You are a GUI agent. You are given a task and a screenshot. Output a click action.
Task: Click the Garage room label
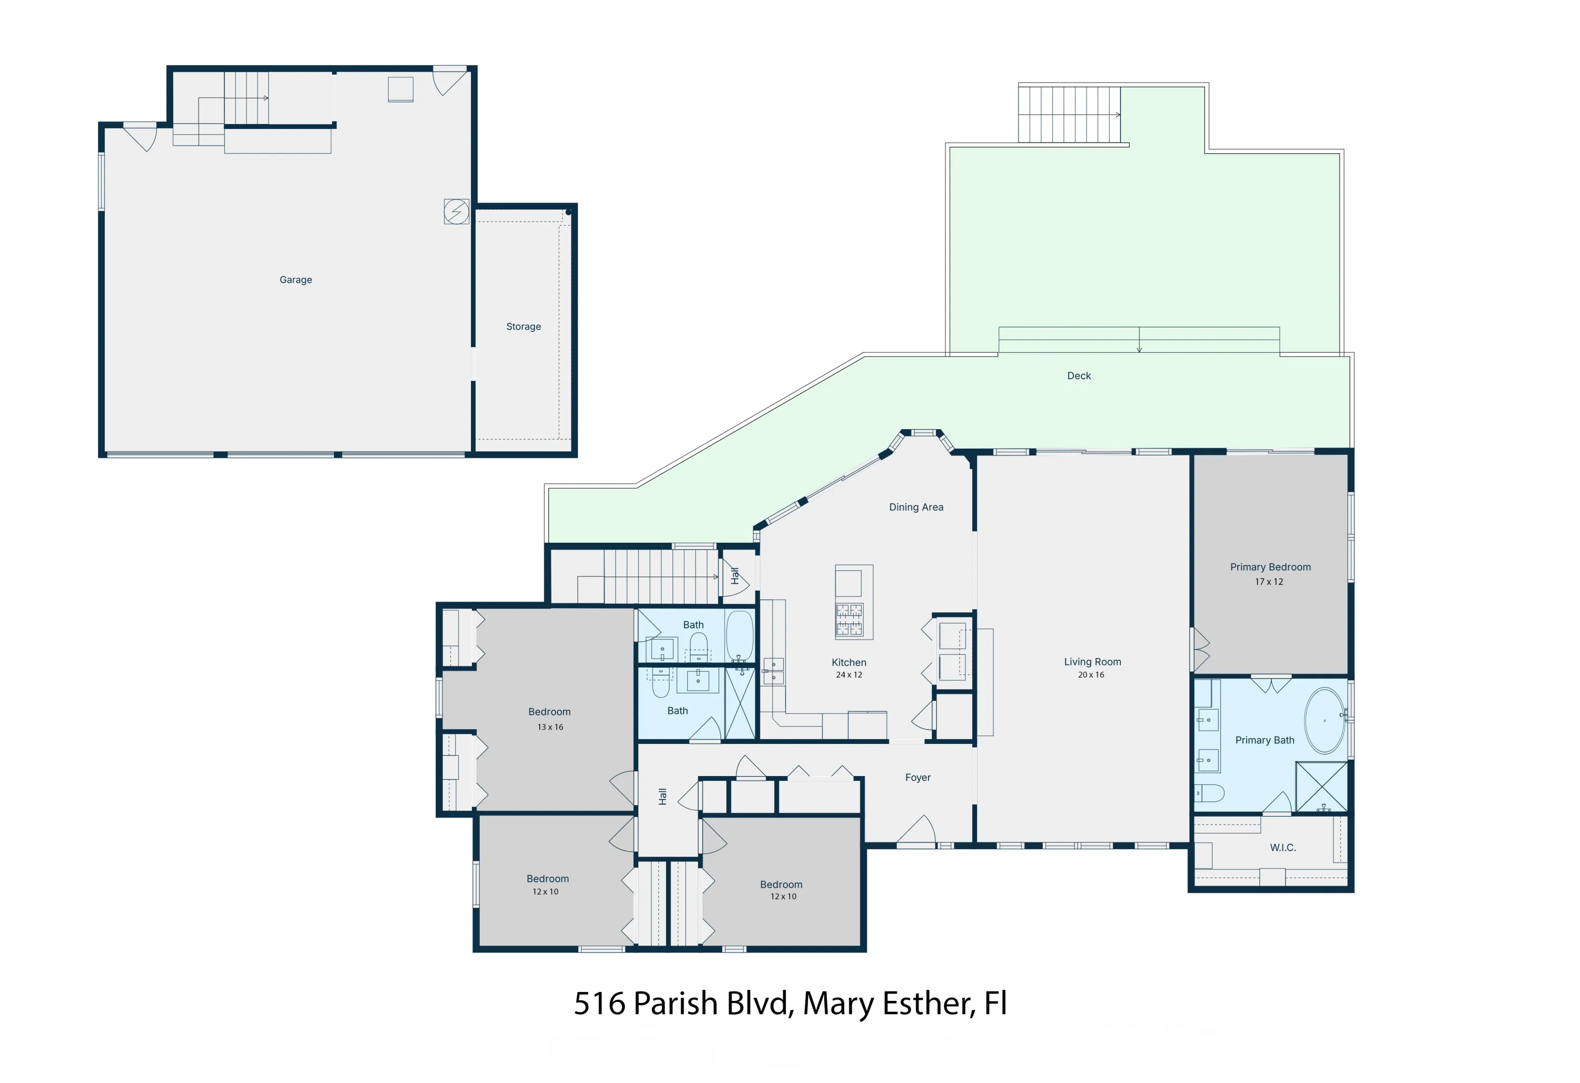point(296,280)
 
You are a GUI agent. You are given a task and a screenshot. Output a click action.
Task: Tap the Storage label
point(523,326)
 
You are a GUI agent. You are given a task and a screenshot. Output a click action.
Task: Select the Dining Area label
point(916,506)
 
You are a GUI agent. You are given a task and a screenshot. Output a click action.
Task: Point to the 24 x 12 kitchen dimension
point(848,674)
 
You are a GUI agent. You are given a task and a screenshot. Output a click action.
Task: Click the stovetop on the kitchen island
point(848,619)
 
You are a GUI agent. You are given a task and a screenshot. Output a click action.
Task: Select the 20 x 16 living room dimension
point(1091,674)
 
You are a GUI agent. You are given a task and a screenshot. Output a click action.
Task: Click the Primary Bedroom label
point(1270,567)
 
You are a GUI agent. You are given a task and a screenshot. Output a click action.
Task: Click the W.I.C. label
point(1282,847)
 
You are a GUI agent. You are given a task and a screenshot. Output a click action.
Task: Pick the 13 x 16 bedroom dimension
point(550,727)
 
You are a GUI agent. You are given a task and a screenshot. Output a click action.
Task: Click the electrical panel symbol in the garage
point(456,212)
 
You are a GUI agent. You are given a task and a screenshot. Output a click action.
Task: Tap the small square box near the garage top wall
point(400,89)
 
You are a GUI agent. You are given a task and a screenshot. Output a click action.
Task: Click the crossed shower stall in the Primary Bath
point(1321,787)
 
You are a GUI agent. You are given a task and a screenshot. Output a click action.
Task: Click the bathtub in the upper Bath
point(739,635)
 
